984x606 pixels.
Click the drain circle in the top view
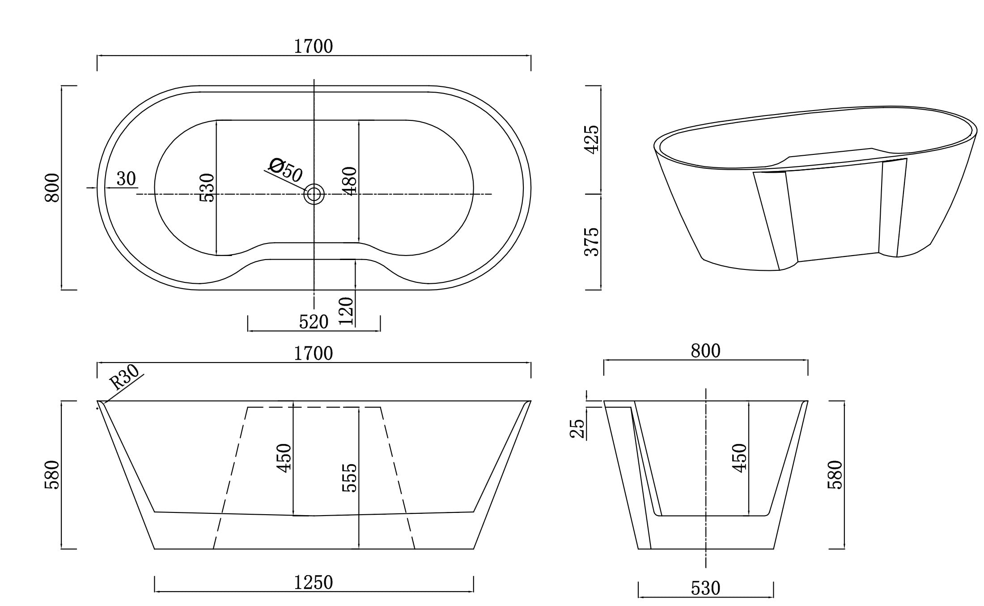click(314, 194)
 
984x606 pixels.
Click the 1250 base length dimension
click(314, 582)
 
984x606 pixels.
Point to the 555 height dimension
click(349, 478)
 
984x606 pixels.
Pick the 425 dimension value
click(592, 139)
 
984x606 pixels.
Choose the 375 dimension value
click(592, 242)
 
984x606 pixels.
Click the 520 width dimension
click(314, 322)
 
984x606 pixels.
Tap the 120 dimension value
click(346, 311)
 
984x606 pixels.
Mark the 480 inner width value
click(349, 181)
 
